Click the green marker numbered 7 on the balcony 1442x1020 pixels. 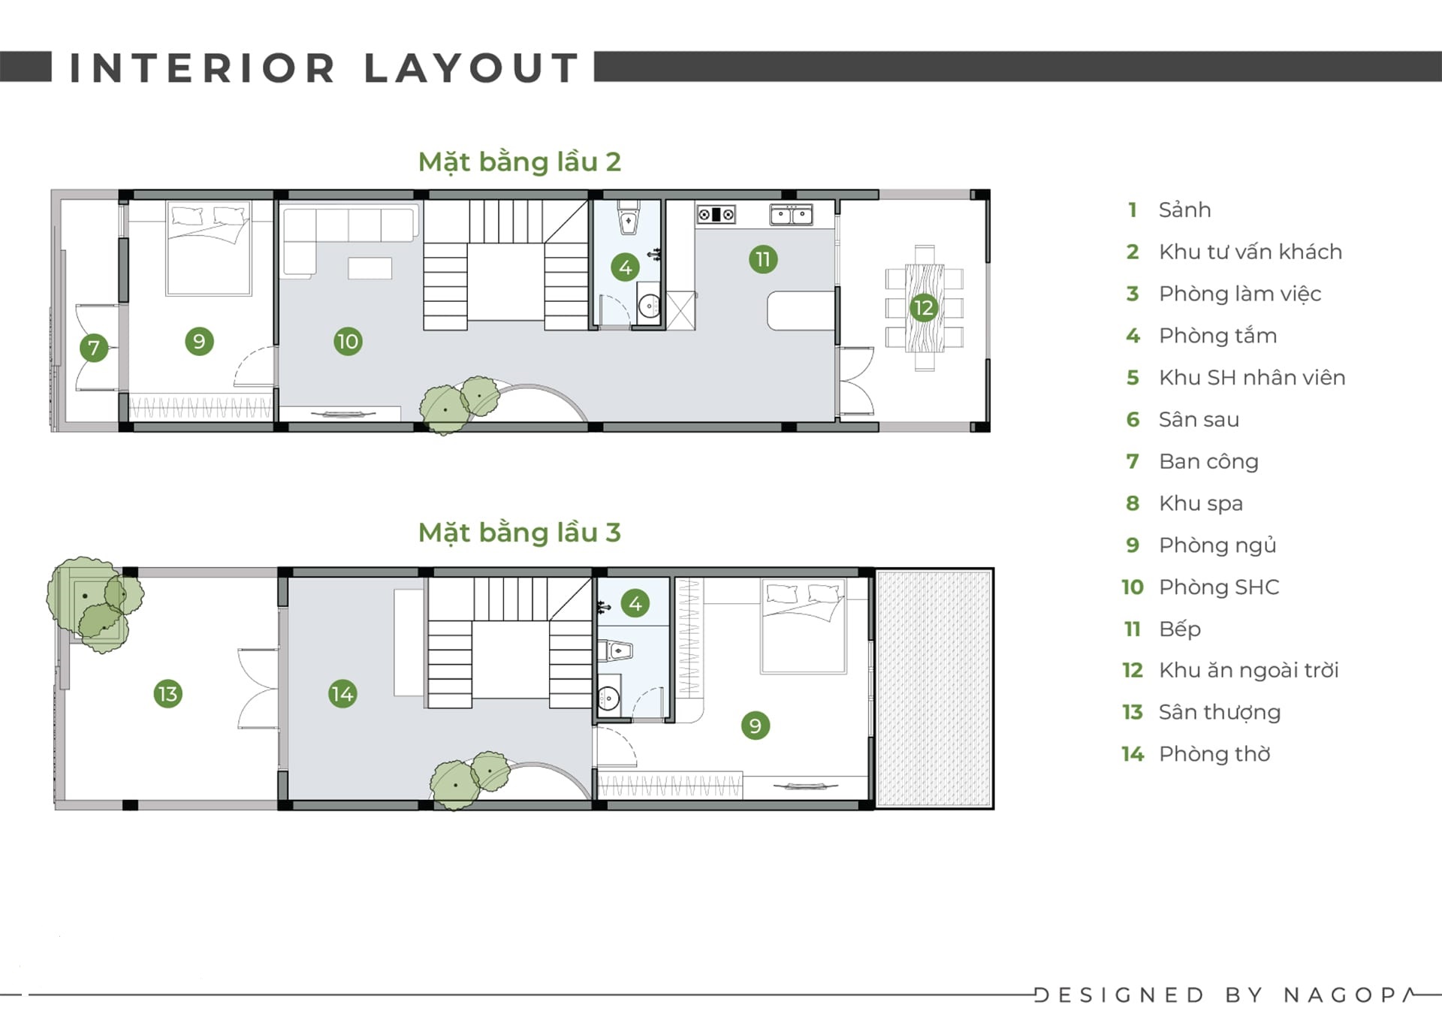point(94,348)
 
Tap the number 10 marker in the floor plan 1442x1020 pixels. point(348,342)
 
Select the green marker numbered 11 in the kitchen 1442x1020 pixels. point(763,259)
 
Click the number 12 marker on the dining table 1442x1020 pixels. point(923,307)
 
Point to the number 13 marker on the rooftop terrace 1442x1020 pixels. point(167,693)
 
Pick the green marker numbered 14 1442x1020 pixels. point(342,693)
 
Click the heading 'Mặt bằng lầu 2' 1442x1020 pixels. point(520,162)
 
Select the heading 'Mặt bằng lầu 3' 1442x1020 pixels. point(520,533)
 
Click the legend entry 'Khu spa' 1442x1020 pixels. point(1201,504)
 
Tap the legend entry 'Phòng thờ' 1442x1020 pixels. point(1214,754)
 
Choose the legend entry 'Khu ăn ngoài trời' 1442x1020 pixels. point(1249,670)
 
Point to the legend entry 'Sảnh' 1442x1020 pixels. point(1184,210)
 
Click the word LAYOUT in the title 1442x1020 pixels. point(472,68)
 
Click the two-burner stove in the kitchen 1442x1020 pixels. point(716,215)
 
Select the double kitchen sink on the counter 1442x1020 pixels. point(791,215)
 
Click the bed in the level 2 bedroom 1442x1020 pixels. point(209,249)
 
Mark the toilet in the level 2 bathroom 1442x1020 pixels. point(628,217)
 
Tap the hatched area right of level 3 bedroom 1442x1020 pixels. point(934,689)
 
